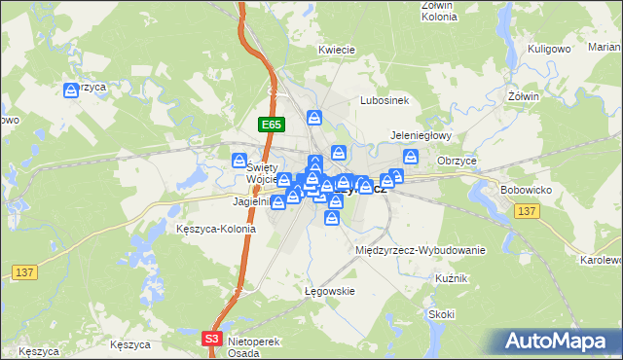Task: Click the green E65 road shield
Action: pyautogui.click(x=272, y=125)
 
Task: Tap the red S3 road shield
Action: pyautogui.click(x=213, y=338)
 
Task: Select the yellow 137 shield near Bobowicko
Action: pyautogui.click(x=527, y=211)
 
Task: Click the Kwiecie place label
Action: pyautogui.click(x=336, y=49)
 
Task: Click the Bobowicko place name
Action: pyautogui.click(x=527, y=190)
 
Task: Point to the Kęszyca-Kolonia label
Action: pyautogui.click(x=216, y=230)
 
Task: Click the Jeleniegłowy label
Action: pyautogui.click(x=419, y=137)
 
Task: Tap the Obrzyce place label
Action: pyautogui.click(x=457, y=161)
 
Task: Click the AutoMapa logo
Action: pyautogui.click(x=559, y=341)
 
